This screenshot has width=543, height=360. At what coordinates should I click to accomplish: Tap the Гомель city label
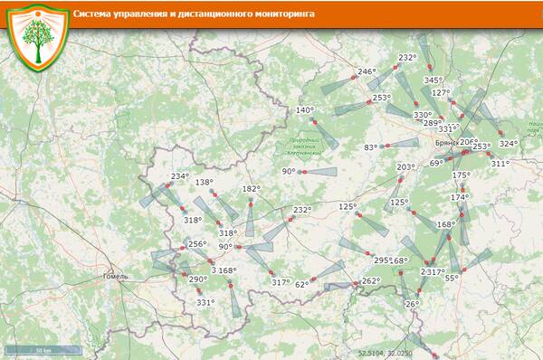pyautogui.click(x=118, y=275)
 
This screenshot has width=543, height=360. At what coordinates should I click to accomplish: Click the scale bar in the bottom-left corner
pyautogui.click(x=41, y=350)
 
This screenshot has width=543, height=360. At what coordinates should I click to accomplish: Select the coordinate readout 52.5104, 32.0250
pyautogui.click(x=385, y=353)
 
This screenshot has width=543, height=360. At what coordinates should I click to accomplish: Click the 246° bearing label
pyautogui.click(x=366, y=71)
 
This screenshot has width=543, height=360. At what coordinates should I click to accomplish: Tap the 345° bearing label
pyautogui.click(x=433, y=80)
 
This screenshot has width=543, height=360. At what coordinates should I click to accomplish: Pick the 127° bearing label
pyautogui.click(x=441, y=92)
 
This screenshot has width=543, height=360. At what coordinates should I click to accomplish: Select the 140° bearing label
pyautogui.click(x=305, y=110)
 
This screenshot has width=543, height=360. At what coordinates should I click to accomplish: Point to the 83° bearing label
pyautogui.click(x=371, y=147)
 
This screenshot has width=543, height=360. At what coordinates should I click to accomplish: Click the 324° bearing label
pyautogui.click(x=509, y=144)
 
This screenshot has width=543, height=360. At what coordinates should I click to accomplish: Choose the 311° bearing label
pyautogui.click(x=500, y=164)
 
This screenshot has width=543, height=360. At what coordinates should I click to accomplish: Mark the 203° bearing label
pyautogui.click(x=405, y=167)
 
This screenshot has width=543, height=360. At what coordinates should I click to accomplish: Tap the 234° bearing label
pyautogui.click(x=179, y=176)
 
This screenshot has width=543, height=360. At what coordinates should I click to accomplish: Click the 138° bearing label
pyautogui.click(x=205, y=182)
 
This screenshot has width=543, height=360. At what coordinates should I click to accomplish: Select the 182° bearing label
pyautogui.click(x=251, y=189)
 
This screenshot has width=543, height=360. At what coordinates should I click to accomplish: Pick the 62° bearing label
pyautogui.click(x=302, y=284)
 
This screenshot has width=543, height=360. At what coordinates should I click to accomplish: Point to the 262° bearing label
pyautogui.click(x=370, y=280)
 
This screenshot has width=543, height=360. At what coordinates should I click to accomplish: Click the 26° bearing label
pyautogui.click(x=412, y=304)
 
